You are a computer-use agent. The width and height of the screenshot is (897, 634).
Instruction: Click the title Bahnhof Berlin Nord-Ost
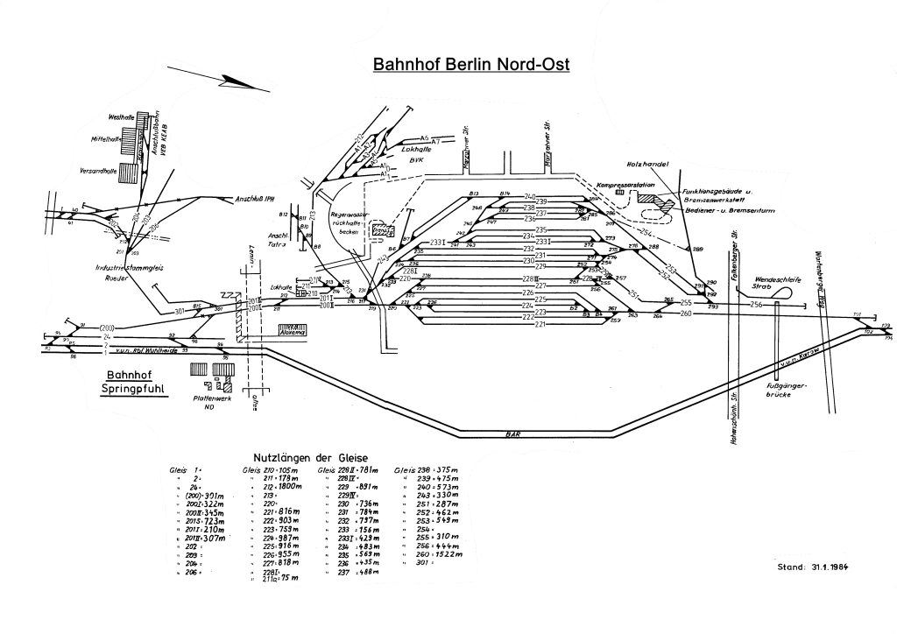click(x=471, y=65)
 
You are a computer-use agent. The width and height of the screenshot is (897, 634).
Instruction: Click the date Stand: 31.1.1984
click(x=813, y=567)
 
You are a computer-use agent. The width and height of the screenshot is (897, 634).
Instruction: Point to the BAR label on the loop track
click(x=508, y=433)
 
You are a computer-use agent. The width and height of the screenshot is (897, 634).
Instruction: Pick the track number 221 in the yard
click(x=540, y=324)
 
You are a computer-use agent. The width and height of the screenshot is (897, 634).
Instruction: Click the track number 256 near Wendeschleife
click(x=756, y=304)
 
